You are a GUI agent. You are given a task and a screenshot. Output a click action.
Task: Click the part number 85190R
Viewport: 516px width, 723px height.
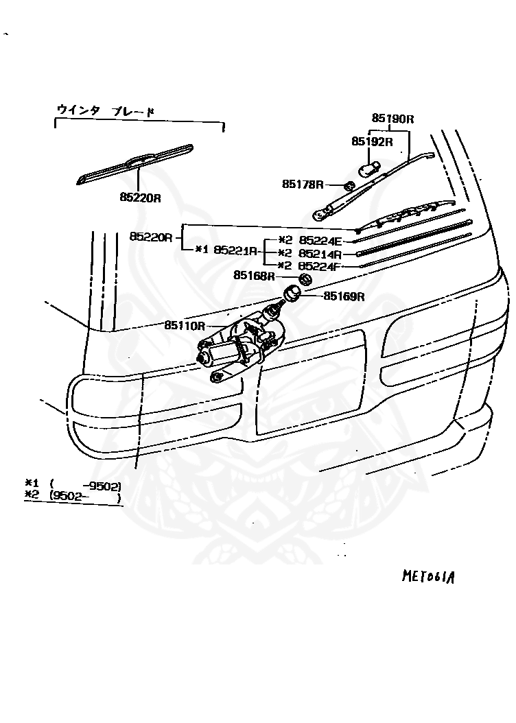point(393,118)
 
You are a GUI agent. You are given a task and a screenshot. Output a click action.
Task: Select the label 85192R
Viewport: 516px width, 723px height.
point(371,142)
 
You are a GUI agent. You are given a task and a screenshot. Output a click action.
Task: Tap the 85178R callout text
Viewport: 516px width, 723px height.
point(302,184)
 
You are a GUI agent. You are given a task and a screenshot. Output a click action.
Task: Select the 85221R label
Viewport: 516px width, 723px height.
point(235,250)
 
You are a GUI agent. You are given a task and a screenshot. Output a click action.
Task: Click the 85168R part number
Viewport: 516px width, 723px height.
point(254,275)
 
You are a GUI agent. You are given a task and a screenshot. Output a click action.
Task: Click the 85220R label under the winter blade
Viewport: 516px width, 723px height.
point(140,198)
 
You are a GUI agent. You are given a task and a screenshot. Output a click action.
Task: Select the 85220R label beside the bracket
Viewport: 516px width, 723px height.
point(150,237)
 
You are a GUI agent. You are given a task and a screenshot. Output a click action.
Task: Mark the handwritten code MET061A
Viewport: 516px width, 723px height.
point(429,575)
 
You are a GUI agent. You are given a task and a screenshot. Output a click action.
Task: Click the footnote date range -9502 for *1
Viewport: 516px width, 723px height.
point(101,486)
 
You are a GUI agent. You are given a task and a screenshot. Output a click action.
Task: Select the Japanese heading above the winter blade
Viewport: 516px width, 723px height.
point(106,110)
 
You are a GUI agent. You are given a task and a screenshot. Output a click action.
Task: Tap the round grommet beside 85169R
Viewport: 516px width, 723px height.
point(293,294)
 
